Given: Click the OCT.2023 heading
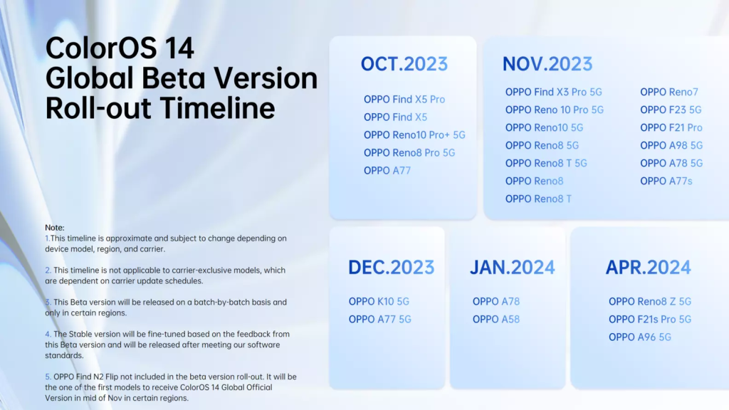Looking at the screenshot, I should pyautogui.click(x=404, y=64).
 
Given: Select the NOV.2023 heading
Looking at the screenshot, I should pyautogui.click(x=547, y=64).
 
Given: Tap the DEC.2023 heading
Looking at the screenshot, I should pyautogui.click(x=391, y=268).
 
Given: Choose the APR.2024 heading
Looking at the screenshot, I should pyautogui.click(x=648, y=268).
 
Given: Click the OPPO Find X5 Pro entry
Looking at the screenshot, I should pyautogui.click(x=404, y=100).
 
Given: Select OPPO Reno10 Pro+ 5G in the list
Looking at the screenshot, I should pyautogui.click(x=414, y=135).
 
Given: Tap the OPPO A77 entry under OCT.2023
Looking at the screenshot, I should pyautogui.click(x=387, y=170).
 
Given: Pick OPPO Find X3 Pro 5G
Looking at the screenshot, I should pyautogui.click(x=554, y=92).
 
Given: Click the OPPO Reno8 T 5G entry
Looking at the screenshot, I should pyautogui.click(x=546, y=163).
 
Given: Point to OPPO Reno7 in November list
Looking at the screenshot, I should pyautogui.click(x=668, y=92).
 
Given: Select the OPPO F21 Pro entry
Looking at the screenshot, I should pyautogui.click(x=671, y=127).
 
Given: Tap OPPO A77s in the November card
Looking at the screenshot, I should pyautogui.click(x=666, y=181).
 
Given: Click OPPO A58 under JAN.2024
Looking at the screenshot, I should pyautogui.click(x=495, y=319).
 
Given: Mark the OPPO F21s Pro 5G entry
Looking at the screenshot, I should pyautogui.click(x=649, y=319).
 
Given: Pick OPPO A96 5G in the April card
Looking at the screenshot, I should pyautogui.click(x=639, y=337).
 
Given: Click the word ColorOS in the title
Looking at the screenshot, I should pyautogui.click(x=97, y=48).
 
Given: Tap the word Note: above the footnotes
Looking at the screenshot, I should pyautogui.click(x=54, y=227).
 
